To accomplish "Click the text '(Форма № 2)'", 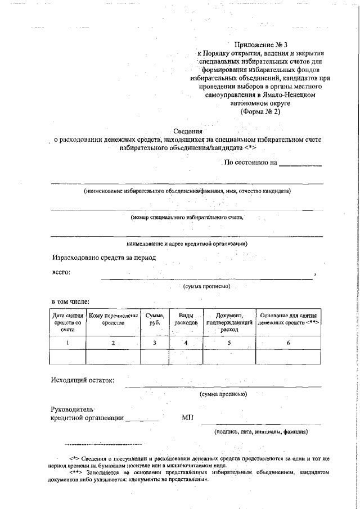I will [260, 111].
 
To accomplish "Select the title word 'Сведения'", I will [188, 131].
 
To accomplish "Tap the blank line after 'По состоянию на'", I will [301, 164].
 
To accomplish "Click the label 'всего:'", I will [61, 273].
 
